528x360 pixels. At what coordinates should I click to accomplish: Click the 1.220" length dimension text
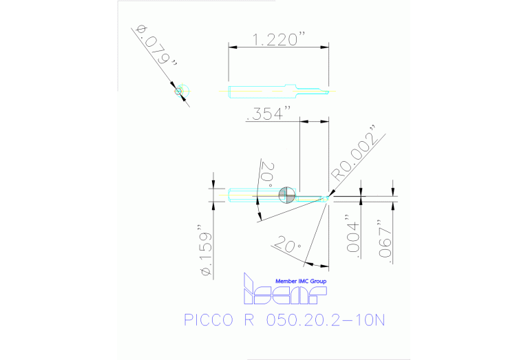click(279, 40)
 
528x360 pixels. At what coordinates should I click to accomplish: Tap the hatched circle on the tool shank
click(287, 195)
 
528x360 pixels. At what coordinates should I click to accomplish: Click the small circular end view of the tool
click(180, 90)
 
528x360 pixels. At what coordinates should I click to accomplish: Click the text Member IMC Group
click(301, 282)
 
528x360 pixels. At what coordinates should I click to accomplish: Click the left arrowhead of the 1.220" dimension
click(232, 47)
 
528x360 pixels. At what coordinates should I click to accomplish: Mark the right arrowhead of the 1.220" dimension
click(326, 47)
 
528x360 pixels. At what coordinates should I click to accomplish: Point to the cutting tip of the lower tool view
click(328, 198)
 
